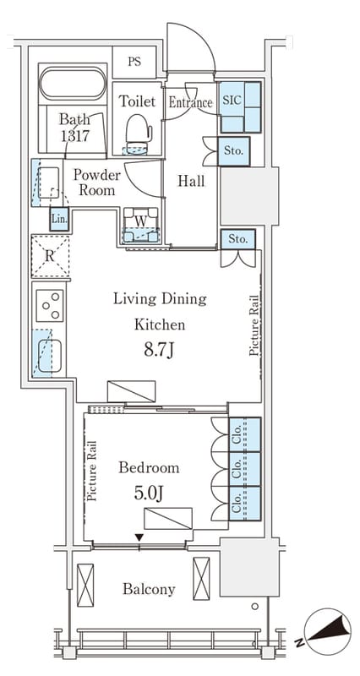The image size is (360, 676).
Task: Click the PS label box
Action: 134,62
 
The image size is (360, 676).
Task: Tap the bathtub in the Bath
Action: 73,84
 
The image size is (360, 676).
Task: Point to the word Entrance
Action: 190,102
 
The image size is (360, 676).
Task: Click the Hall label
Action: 192,181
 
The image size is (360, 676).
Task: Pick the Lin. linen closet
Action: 59,219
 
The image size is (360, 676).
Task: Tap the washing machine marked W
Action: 141,225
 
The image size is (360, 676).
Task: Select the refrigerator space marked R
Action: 50,256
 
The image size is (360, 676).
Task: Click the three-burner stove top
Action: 50,306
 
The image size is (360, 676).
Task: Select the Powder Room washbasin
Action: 48,183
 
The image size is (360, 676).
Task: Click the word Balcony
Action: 149,589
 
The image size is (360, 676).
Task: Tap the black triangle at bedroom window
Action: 139,537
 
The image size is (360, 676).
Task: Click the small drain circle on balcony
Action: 255,606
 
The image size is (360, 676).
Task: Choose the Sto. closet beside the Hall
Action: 234,151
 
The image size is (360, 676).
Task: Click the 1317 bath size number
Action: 74,136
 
